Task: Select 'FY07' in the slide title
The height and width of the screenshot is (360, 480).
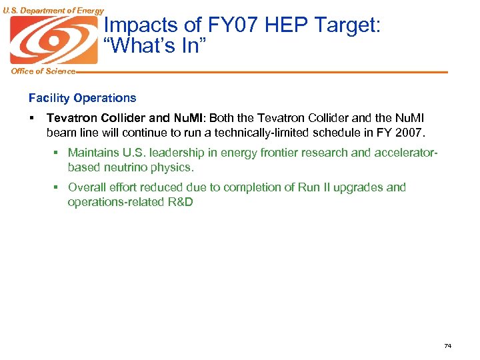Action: pyautogui.click(x=223, y=25)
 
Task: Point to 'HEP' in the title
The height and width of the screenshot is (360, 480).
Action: pyautogui.click(x=282, y=25)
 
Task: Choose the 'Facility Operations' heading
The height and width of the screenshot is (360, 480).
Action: pyautogui.click(x=82, y=98)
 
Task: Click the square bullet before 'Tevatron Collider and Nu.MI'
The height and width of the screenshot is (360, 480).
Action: pyautogui.click(x=31, y=118)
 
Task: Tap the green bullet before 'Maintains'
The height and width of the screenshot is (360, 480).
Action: pyautogui.click(x=57, y=153)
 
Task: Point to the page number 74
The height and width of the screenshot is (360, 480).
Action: pyautogui.click(x=447, y=345)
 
